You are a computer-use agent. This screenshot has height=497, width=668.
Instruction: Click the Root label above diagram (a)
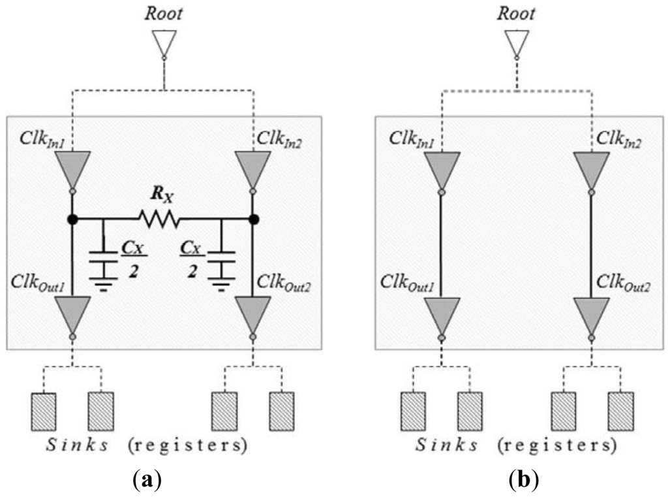164,14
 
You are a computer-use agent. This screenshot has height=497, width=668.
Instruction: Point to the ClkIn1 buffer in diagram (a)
72,168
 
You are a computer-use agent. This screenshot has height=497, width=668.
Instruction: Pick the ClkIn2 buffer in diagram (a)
252,168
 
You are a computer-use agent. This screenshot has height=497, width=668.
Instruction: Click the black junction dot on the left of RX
72,219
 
